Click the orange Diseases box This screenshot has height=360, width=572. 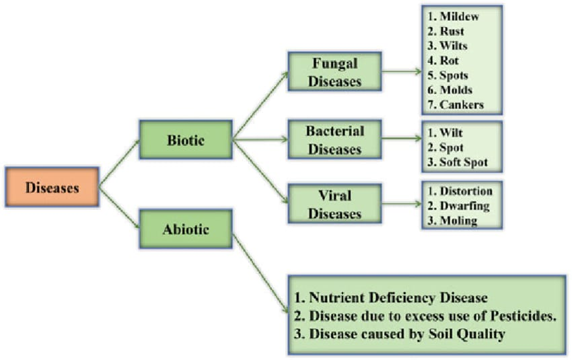tap(52, 187)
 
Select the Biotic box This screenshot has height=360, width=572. tap(186, 140)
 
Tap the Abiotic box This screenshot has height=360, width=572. tap(186, 229)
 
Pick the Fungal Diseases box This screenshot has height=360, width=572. tap(334, 72)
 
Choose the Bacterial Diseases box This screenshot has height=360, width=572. tap(334, 140)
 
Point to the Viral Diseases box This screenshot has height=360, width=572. tap(334, 204)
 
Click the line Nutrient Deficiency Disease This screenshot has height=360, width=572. tap(390, 297)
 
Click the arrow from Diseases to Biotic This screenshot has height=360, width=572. tap(120, 163)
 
